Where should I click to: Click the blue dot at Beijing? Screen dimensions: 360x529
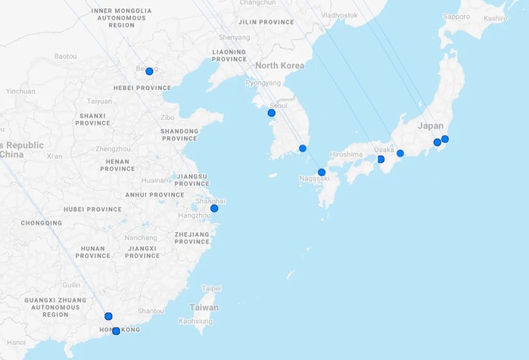pos(149,71)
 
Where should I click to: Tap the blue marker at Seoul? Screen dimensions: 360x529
pos(271,113)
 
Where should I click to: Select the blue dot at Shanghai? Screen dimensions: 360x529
pos(214,208)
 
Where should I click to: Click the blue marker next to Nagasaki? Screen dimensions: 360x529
pos(321,172)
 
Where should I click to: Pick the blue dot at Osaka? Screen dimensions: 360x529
pos(381,159)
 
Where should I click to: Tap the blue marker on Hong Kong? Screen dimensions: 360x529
pos(116,331)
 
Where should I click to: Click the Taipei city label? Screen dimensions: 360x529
pos(212,289)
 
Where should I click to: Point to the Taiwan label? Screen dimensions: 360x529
pos(204,308)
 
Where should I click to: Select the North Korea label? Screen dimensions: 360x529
pos(280,66)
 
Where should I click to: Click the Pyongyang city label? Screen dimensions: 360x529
pos(263,83)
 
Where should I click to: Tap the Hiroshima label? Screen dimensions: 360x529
pos(346,154)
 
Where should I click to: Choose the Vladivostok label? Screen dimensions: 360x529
pos(339,15)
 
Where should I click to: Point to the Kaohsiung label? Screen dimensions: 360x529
pos(196,322)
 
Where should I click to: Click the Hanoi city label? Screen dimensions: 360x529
pos(17,342)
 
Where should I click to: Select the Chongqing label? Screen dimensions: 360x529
pos(41,223)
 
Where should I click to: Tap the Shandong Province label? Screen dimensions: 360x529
pos(179,134)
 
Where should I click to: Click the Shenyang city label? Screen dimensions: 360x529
pos(235,38)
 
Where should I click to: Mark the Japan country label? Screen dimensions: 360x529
pos(430,126)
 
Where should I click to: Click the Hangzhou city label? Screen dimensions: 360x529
pos(194,216)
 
